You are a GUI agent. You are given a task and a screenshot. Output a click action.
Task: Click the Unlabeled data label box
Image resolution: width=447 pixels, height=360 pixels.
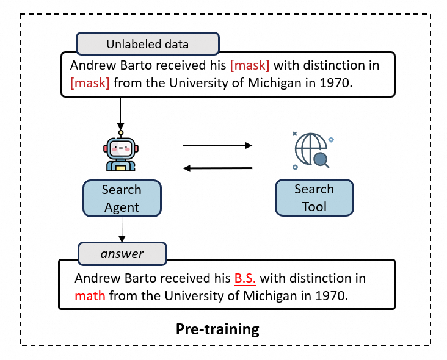click(x=148, y=43)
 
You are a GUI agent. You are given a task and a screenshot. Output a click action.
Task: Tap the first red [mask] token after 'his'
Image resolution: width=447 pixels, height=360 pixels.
click(x=250, y=65)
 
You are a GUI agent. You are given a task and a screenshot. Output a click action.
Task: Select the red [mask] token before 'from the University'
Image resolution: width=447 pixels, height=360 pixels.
click(x=90, y=83)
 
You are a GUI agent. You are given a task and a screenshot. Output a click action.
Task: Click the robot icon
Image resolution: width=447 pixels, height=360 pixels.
click(x=121, y=151)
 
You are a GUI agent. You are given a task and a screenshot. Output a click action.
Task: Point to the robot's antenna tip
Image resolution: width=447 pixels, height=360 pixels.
click(x=121, y=133)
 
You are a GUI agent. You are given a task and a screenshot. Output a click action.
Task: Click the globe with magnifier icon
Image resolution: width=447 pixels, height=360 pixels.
click(x=313, y=151)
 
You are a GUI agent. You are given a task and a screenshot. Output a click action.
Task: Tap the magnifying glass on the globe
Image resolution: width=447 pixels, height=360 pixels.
click(x=321, y=160)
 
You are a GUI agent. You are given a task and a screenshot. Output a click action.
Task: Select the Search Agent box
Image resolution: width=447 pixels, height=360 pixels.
click(x=122, y=198)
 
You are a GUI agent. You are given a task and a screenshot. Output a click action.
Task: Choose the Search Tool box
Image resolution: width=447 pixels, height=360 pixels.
click(x=314, y=198)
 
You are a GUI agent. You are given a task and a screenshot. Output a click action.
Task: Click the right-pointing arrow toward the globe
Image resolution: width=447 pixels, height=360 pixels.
click(x=217, y=146)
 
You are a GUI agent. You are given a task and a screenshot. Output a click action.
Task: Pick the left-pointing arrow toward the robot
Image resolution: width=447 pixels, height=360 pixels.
click(x=218, y=168)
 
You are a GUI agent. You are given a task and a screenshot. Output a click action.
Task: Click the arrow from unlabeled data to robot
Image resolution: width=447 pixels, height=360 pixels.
click(x=120, y=113)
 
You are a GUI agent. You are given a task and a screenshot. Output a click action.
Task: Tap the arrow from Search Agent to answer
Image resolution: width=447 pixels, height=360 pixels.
click(x=122, y=229)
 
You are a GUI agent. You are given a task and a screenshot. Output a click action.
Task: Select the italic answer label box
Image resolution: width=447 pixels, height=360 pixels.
click(x=122, y=254)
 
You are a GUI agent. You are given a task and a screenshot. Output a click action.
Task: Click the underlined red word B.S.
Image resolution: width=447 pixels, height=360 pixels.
click(x=245, y=278)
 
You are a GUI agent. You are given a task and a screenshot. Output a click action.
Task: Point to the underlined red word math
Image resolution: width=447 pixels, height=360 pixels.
click(x=90, y=296)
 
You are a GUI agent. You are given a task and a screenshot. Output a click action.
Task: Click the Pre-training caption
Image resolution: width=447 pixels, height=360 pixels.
click(x=217, y=329)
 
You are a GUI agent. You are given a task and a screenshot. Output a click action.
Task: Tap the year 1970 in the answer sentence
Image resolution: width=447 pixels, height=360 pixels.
click(x=332, y=296)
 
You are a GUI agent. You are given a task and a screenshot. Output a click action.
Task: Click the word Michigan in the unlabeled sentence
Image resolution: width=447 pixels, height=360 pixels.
click(x=274, y=83)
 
